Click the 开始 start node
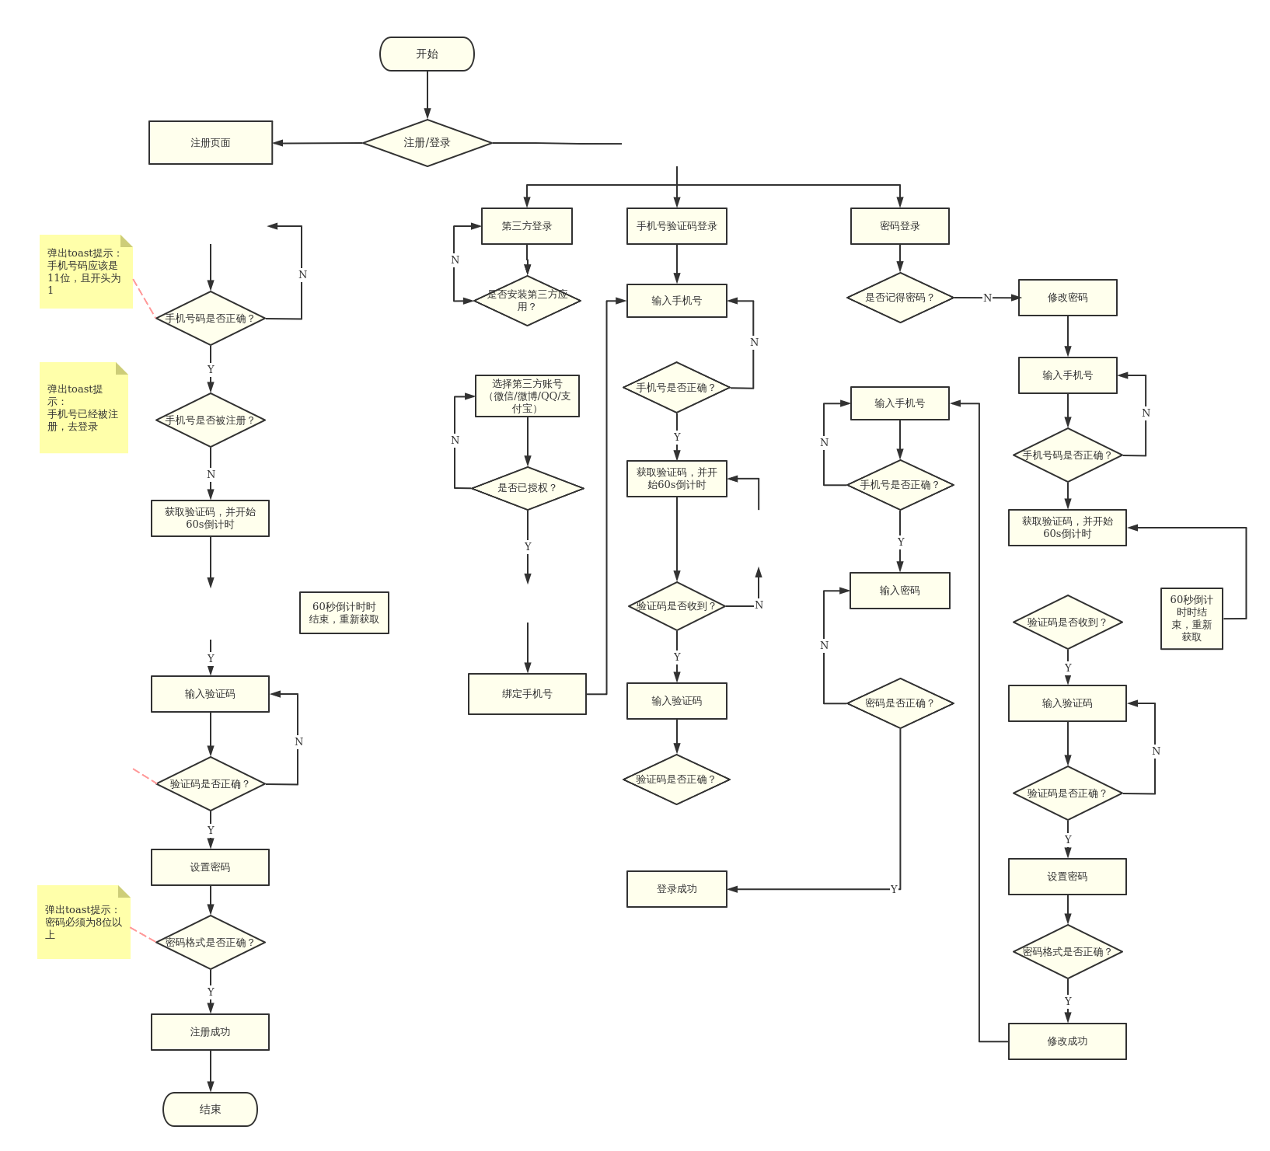pyautogui.click(x=427, y=54)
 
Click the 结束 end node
pyautogui.click(x=210, y=1109)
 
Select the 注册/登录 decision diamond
pyautogui.click(x=427, y=143)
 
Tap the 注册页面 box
pyautogui.click(x=211, y=143)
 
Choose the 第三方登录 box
pyautogui.click(x=527, y=226)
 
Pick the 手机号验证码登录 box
pyautogui.click(x=677, y=226)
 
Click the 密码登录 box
pyautogui.click(x=900, y=226)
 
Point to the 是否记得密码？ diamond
pyautogui.click(x=900, y=298)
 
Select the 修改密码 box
pyautogui.click(x=1068, y=298)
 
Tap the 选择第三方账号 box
pyautogui.click(x=527, y=396)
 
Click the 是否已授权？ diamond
pyautogui.click(x=528, y=488)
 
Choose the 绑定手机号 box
pyautogui.click(x=527, y=694)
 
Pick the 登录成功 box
pyautogui.click(x=677, y=889)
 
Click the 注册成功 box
pyautogui.click(x=210, y=1032)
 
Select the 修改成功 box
pyautogui.click(x=1067, y=1041)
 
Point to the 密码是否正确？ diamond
pyautogui.click(x=900, y=703)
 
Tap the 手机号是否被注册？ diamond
pyautogui.click(x=211, y=420)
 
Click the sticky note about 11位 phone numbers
pyautogui.click(x=85, y=272)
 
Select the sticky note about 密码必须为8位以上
pyautogui.click(x=83, y=923)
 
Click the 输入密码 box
pyautogui.click(x=900, y=591)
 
